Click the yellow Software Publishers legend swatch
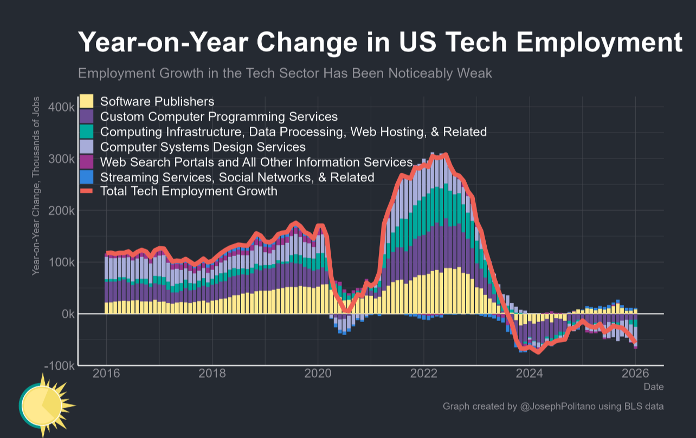click(x=87, y=101)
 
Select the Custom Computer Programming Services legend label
click(x=219, y=116)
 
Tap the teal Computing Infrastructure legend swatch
click(x=87, y=132)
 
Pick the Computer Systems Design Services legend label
click(x=203, y=147)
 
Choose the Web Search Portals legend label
click(x=256, y=162)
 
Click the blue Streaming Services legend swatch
click(x=87, y=177)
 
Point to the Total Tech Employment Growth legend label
click(x=189, y=191)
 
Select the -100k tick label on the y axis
click(x=60, y=366)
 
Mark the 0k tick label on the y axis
click(x=66, y=314)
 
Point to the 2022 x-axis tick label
click(x=423, y=374)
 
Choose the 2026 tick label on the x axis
click(x=635, y=374)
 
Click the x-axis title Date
click(x=653, y=387)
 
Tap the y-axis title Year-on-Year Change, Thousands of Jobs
click(x=36, y=185)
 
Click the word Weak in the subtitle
click(x=475, y=73)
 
